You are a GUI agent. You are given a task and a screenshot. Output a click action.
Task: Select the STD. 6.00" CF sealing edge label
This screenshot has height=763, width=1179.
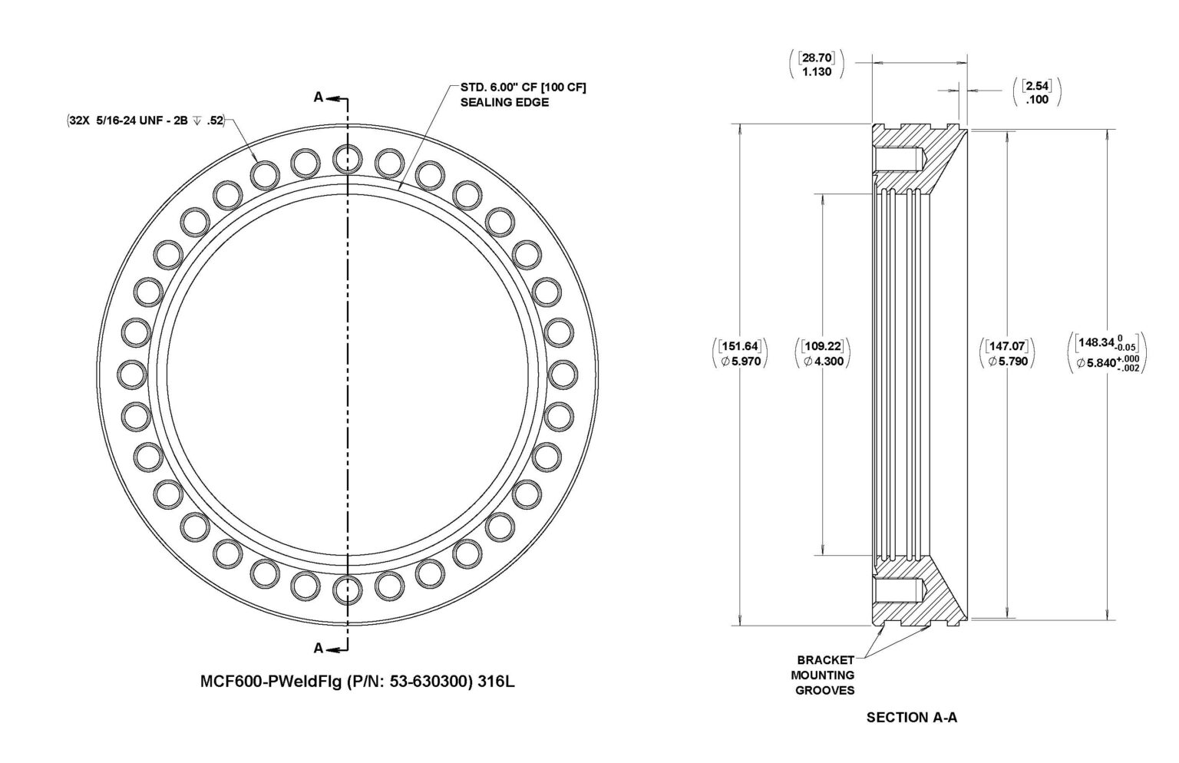(x=522, y=94)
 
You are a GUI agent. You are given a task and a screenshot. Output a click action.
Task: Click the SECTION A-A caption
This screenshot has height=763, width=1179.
(x=911, y=717)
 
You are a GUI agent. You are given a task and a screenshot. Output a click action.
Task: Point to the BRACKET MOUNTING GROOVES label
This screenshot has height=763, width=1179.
(x=825, y=675)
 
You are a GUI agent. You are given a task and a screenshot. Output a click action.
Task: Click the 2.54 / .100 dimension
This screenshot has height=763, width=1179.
(x=1036, y=92)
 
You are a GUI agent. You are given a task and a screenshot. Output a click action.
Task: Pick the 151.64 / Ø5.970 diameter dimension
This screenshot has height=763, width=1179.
(x=740, y=354)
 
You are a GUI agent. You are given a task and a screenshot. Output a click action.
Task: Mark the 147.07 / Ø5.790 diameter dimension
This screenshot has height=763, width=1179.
(x=1006, y=354)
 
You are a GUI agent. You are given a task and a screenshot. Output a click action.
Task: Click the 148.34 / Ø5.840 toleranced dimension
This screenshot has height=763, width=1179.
(x=1105, y=354)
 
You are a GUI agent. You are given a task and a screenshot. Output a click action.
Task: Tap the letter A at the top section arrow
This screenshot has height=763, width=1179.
(x=318, y=97)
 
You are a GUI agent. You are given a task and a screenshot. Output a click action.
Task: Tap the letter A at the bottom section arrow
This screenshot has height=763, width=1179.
(x=318, y=648)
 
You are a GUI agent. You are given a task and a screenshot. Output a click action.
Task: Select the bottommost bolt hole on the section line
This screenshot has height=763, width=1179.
(x=347, y=590)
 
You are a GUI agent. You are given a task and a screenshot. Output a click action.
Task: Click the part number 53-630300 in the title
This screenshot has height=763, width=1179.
(x=426, y=680)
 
